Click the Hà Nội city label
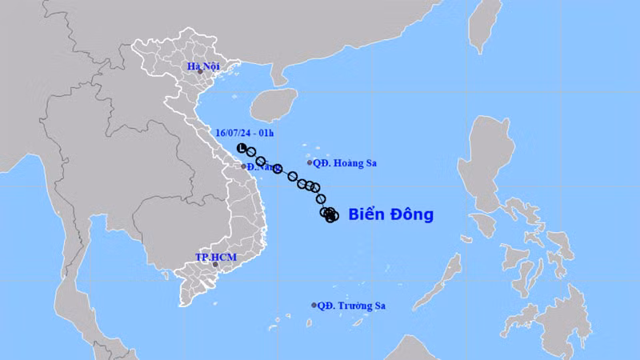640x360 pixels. point(202,66)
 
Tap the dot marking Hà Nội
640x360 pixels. point(201,73)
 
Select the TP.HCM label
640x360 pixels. point(215,258)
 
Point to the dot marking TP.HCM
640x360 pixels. point(215,265)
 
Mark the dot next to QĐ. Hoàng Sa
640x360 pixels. point(310,162)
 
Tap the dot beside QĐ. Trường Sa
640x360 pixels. point(314,305)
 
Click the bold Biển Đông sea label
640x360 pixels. point(391,214)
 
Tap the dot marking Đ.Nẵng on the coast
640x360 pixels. point(244,166)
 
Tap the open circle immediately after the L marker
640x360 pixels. point(250,152)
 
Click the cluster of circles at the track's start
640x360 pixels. point(330,214)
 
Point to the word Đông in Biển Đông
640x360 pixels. point(411,214)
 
